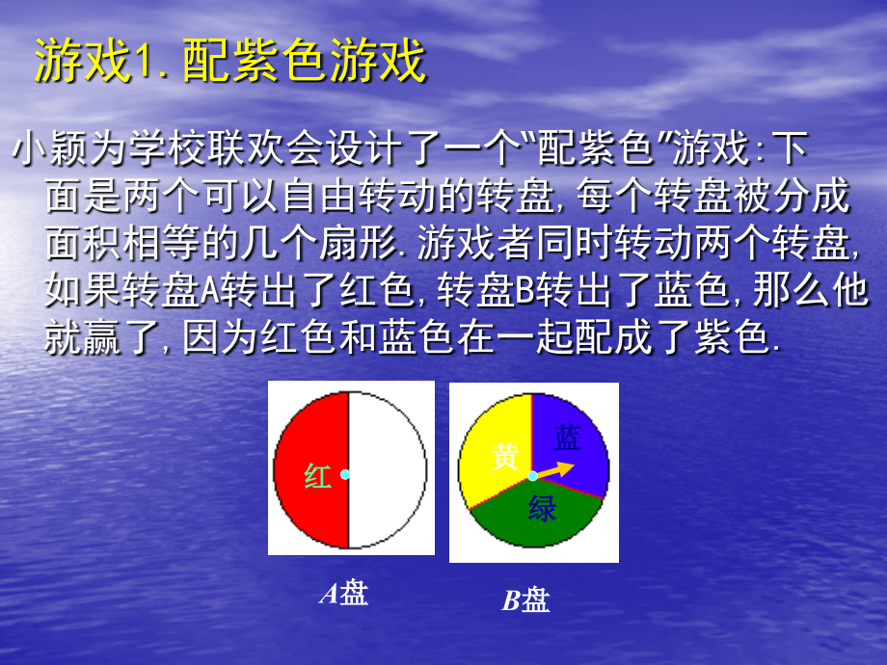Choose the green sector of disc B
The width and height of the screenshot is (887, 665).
540,525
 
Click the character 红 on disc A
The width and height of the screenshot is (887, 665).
318,476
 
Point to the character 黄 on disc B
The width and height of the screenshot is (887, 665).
506,457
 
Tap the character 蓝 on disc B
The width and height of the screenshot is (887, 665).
567,439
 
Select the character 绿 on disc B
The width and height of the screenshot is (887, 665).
542,508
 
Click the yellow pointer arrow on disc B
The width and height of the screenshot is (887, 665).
557,469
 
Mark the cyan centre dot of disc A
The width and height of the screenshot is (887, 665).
345,474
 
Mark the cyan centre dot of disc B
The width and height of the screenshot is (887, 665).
532,475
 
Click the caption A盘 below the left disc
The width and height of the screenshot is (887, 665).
344,594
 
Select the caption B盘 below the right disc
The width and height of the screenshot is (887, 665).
525,601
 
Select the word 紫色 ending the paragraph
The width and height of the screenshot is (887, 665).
733,339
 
